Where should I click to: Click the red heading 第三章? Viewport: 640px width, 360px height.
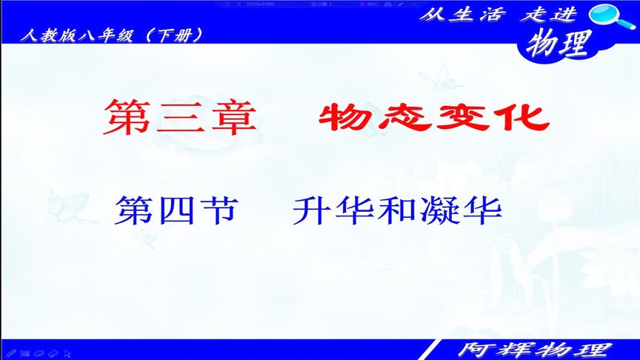tap(181, 117)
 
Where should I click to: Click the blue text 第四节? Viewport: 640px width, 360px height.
tap(176, 211)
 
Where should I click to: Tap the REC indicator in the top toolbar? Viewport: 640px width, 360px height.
tap(370, 4)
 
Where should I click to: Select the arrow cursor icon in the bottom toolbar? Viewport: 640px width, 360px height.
tap(68, 353)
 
